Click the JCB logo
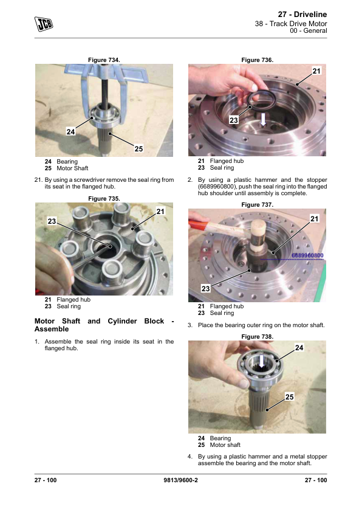44,24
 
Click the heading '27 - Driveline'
302,15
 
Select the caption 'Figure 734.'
104,60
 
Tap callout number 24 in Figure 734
71,131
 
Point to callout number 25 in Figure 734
138,148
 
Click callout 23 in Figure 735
52,221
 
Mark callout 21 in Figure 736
316,71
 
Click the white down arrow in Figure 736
263,119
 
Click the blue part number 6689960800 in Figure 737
307,255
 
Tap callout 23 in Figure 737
205,288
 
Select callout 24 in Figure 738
299,348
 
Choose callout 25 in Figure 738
289,396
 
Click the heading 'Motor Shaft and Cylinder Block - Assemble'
104,325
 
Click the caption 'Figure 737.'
258,205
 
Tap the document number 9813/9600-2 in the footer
180,480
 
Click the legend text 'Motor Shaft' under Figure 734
72,168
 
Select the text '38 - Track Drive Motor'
291,24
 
